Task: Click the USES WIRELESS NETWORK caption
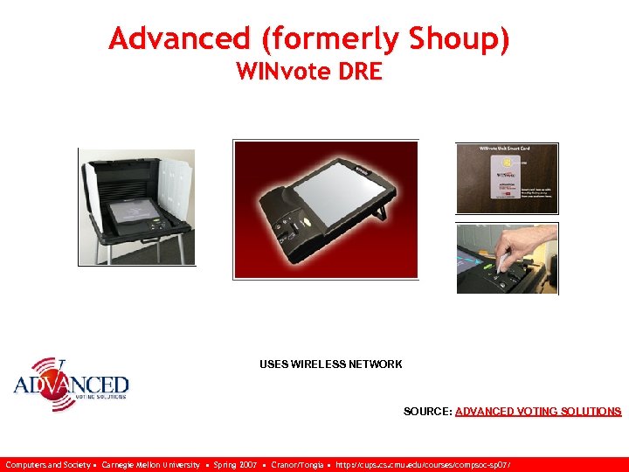pos(330,364)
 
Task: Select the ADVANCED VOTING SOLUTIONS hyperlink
pos(538,411)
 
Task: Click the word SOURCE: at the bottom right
pos(427,411)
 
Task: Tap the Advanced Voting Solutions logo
pos(72,385)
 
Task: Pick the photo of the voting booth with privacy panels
pos(137,206)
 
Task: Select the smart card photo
pos(507,178)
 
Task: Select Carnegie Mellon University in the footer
pos(150,465)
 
